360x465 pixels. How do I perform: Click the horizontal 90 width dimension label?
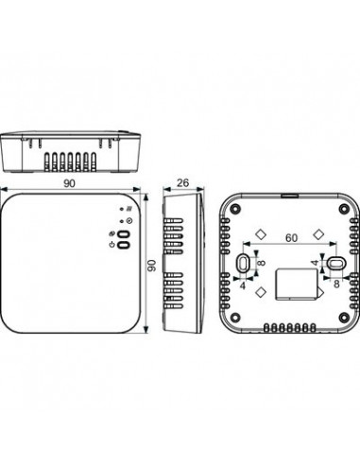pos(69,183)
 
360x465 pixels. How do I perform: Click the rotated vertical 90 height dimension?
pos(152,266)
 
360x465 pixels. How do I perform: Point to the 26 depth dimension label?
pos(182,182)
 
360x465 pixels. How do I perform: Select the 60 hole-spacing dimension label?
pos(291,238)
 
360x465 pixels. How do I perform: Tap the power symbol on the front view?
pos(111,245)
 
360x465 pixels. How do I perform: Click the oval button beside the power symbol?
pos(124,245)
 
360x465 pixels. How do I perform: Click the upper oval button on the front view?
pos(124,234)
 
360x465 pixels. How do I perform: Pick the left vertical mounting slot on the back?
pos(243,262)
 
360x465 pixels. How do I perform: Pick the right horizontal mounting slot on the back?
pos(335,262)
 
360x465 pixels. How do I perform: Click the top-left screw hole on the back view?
pos(234,209)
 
